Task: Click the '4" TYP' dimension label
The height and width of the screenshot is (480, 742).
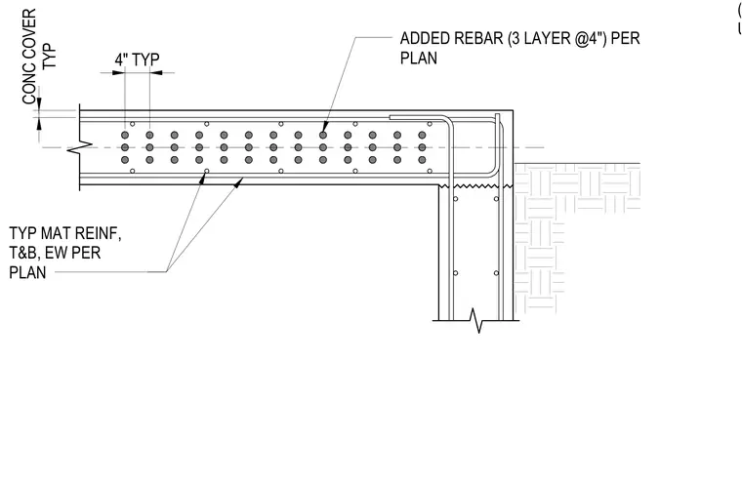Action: tap(138, 60)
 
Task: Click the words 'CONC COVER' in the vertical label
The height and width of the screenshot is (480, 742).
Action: tap(29, 57)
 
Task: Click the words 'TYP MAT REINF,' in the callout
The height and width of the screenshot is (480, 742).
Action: tap(65, 233)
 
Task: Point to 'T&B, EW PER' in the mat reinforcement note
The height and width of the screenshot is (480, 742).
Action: tap(55, 253)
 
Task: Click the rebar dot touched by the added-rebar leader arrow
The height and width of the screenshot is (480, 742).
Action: tap(323, 136)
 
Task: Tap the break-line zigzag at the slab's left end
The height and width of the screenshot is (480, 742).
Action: tap(79, 147)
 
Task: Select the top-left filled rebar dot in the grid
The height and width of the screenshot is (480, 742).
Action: tap(125, 136)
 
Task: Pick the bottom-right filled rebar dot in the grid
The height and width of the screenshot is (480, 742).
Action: tap(422, 160)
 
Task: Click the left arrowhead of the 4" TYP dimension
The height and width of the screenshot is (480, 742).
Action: tap(118, 73)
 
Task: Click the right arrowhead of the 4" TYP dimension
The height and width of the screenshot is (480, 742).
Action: tap(156, 73)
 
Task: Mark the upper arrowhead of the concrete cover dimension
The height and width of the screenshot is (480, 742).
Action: tap(39, 104)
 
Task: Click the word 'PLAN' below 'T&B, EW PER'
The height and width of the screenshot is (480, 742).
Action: tap(27, 273)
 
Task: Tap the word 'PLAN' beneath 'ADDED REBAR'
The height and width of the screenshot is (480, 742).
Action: tap(419, 59)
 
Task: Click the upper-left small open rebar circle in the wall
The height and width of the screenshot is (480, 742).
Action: tap(455, 199)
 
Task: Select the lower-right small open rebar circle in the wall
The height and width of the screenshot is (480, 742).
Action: tap(496, 273)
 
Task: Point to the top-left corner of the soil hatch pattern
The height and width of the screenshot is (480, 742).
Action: tap(515, 164)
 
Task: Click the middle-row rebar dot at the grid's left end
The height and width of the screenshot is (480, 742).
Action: tap(125, 147)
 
